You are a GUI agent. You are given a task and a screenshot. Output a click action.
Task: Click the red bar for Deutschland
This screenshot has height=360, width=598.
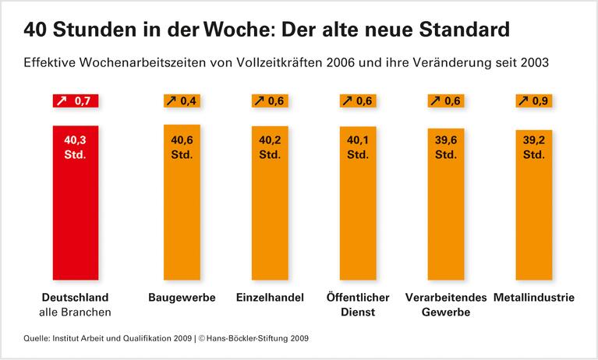tap(76, 203)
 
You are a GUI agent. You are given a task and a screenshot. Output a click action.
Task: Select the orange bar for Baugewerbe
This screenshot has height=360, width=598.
tap(182, 203)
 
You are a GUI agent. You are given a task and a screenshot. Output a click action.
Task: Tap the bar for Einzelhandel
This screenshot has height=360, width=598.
tap(270, 203)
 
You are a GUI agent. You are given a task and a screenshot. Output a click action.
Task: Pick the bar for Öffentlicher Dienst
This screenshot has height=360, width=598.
tap(358, 203)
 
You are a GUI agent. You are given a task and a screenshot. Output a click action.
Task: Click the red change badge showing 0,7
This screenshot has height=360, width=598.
tap(76, 101)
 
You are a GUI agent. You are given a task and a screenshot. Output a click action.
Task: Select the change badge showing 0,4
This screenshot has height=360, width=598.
tap(182, 101)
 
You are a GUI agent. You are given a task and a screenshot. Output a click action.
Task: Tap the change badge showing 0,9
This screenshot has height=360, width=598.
tap(534, 101)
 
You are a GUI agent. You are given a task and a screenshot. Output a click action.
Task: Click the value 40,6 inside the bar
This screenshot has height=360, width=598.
tap(182, 141)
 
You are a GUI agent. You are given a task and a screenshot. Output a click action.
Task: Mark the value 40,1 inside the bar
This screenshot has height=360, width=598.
tap(358, 141)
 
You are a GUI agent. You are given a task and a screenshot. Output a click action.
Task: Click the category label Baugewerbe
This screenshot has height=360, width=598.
tap(182, 298)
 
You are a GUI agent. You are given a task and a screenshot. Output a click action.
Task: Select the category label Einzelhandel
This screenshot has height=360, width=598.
tap(270, 298)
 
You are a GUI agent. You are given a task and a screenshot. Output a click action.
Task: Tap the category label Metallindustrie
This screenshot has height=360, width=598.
tap(534, 298)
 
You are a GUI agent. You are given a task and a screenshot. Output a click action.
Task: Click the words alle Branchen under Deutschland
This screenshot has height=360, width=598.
tap(76, 312)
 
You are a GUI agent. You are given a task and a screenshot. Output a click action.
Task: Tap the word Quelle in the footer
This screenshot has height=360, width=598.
tap(38, 339)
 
